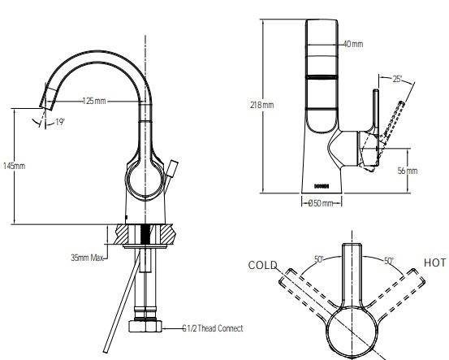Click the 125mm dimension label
[95, 101]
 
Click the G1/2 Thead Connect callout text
[212, 329]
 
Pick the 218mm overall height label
[261, 105]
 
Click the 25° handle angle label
[396, 79]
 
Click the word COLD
[263, 265]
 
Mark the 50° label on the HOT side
[388, 260]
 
